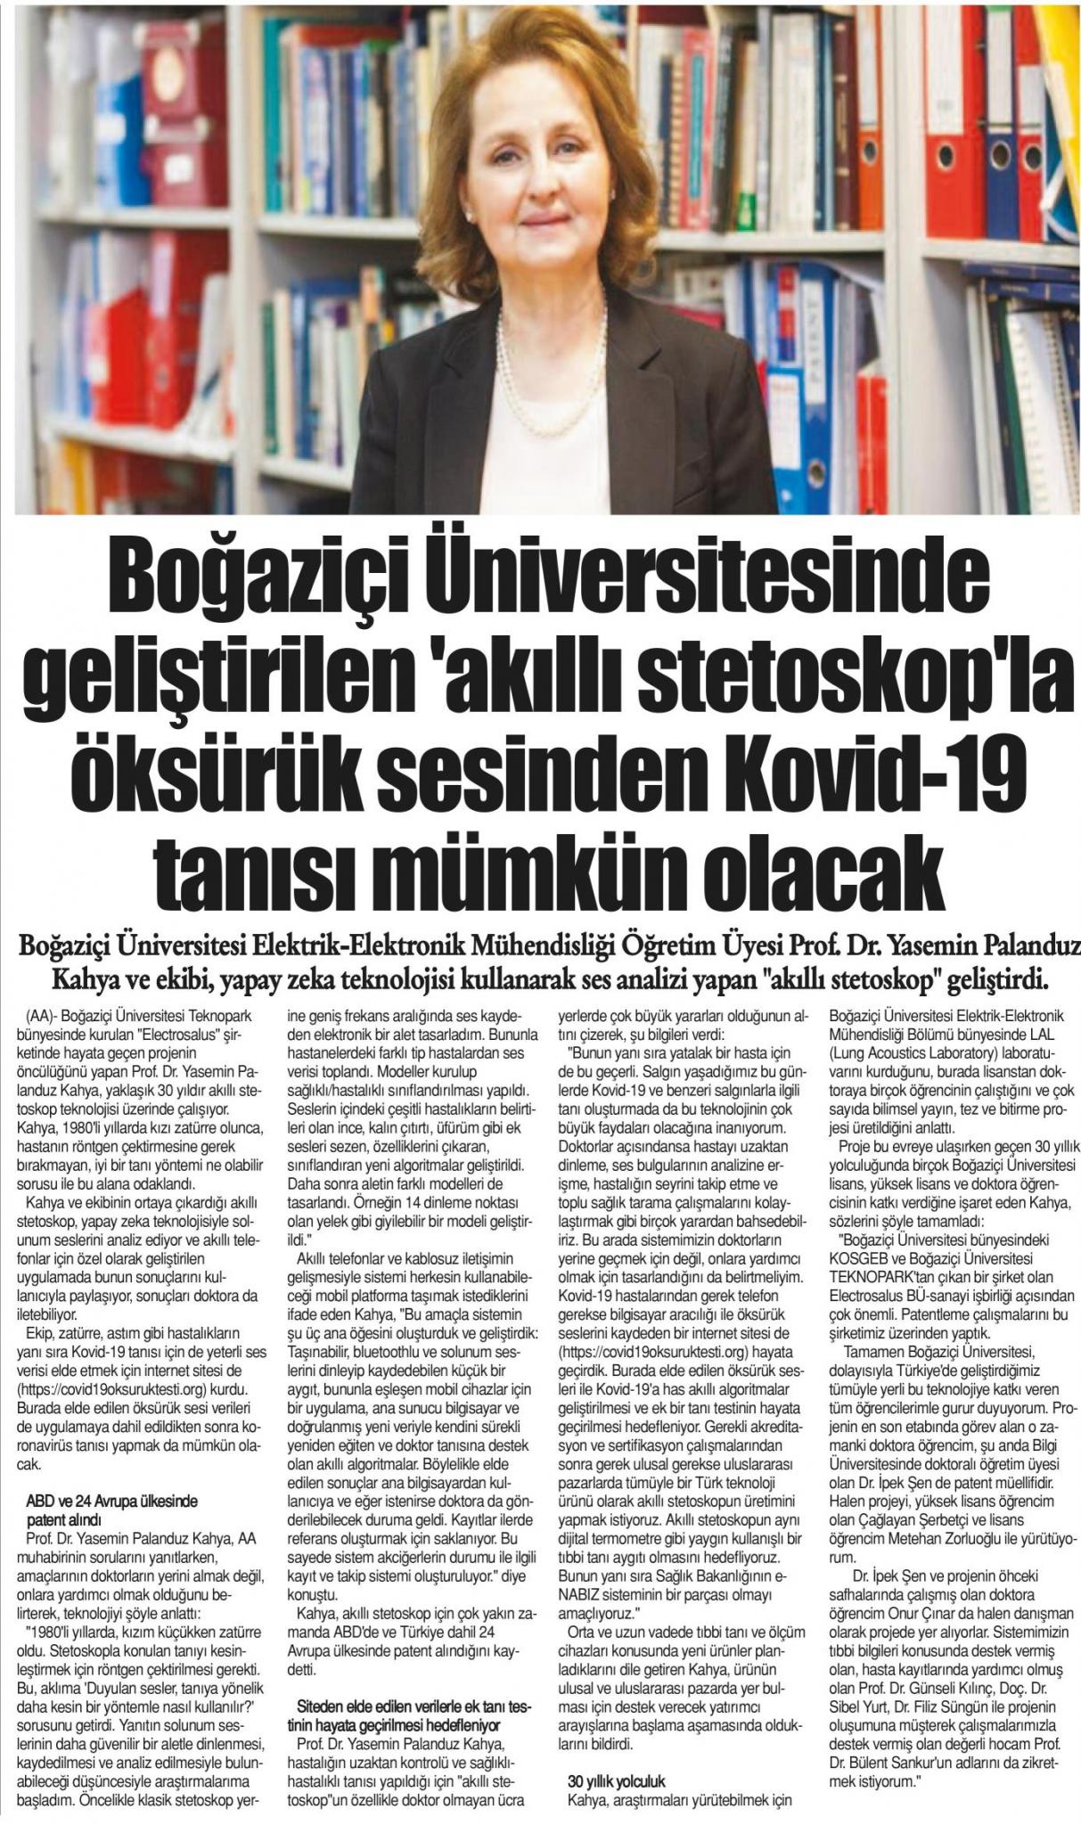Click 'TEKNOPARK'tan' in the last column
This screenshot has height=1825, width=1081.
tap(882, 1275)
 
